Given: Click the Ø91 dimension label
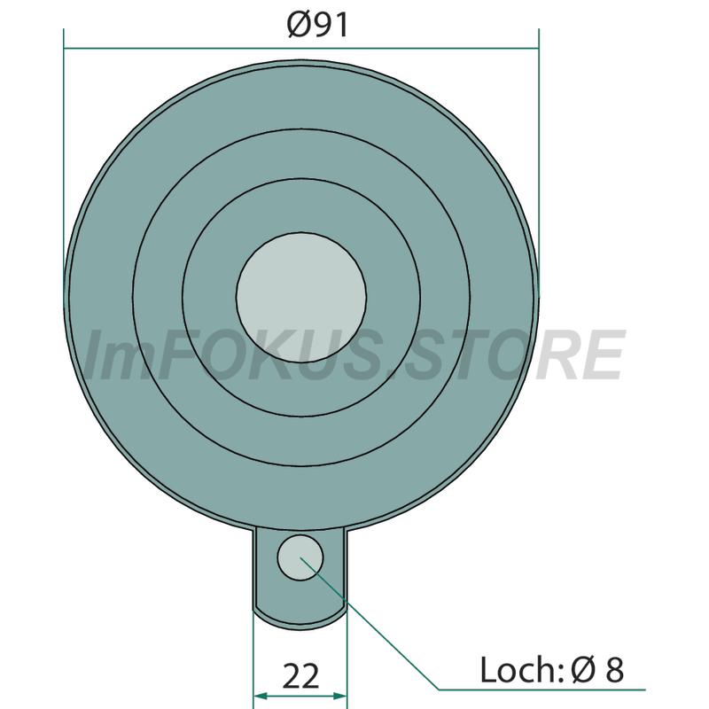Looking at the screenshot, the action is coord(318,26).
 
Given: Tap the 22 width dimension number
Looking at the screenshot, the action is coord(301,676).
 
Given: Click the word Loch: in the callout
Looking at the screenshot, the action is coord(521,670).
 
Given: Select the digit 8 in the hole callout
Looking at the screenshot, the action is coord(614,670).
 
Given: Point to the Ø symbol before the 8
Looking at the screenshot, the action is coord(583,670).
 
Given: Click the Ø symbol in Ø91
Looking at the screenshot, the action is coord(300,26).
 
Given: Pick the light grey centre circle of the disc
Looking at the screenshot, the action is coord(301,297).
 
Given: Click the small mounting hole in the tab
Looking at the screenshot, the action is coord(300,557).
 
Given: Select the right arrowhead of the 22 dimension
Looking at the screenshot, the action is coord(339,696).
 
